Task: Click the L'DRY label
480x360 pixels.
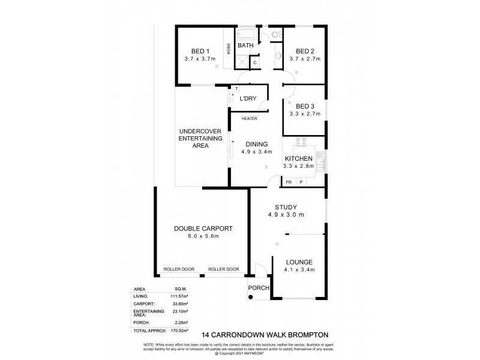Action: (x=248, y=98)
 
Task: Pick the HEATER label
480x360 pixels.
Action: (x=250, y=118)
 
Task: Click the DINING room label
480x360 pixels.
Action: (x=256, y=144)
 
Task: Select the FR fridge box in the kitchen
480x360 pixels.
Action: (x=289, y=182)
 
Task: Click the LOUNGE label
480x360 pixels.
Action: (x=298, y=262)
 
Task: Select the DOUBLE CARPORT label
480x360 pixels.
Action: (x=203, y=228)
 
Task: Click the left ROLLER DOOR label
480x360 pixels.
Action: (x=178, y=269)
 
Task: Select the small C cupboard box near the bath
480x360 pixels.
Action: (x=254, y=62)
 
